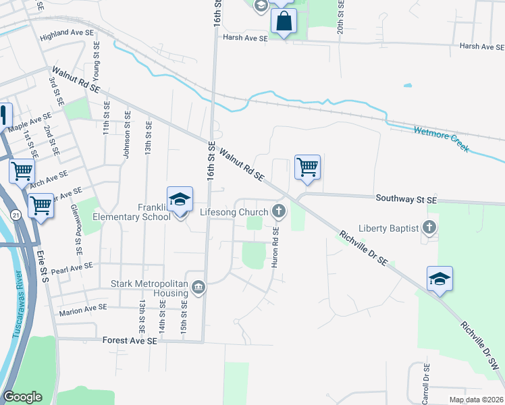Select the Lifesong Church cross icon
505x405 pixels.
pos(278,212)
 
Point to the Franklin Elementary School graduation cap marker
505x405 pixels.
pos(180,200)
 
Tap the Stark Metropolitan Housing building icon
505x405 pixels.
pos(198,288)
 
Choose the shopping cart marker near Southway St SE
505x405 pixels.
pos(307,166)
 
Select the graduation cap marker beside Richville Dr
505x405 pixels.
pos(440,279)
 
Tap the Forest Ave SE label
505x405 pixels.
pos(130,342)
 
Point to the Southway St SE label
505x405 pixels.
pos(406,200)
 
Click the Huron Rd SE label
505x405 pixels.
pos(275,247)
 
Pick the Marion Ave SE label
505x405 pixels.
pos(83,308)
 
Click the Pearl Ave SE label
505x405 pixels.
pos(71,267)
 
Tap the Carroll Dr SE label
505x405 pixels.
pos(425,384)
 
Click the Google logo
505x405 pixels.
pos(22,397)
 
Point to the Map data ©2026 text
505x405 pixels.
pos(475,400)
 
